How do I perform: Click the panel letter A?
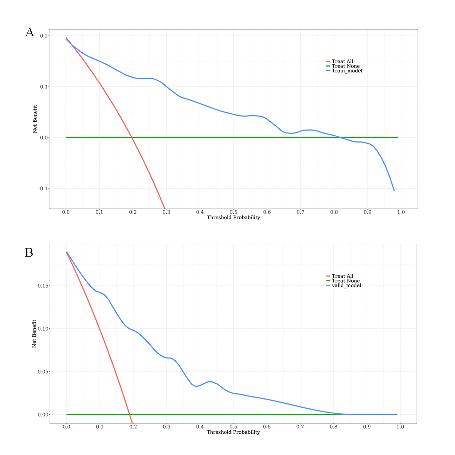(x=30, y=32)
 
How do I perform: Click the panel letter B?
(x=29, y=252)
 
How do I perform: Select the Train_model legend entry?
(x=347, y=71)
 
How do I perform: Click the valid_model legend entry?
(x=346, y=285)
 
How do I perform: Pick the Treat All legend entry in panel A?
(x=342, y=61)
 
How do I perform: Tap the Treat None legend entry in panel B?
(x=346, y=280)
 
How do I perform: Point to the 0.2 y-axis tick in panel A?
(x=44, y=36)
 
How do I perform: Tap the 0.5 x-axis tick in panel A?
(x=233, y=212)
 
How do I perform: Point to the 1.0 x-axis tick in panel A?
(x=401, y=212)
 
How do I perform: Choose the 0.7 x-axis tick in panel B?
(x=300, y=427)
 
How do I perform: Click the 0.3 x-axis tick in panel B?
(x=166, y=427)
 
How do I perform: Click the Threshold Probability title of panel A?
(x=233, y=218)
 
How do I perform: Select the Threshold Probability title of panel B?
(x=233, y=432)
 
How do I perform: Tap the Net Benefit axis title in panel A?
(x=35, y=119)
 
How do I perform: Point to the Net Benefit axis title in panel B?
(x=34, y=334)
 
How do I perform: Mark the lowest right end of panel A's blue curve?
(x=394, y=191)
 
